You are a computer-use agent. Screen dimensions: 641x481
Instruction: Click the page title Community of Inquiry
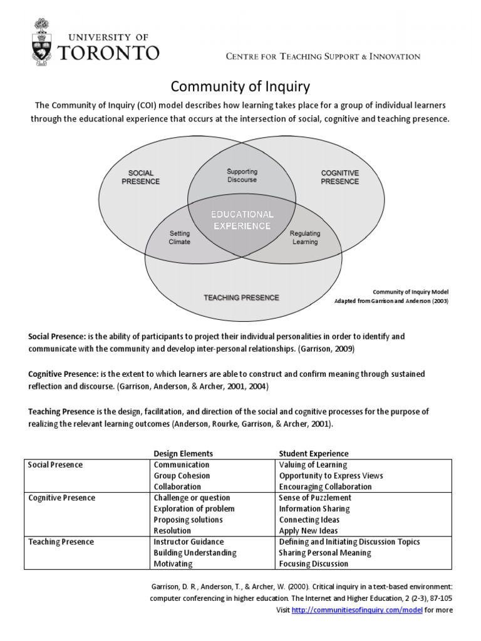click(x=240, y=86)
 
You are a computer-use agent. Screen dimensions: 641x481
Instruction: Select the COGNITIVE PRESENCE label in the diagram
click(x=340, y=177)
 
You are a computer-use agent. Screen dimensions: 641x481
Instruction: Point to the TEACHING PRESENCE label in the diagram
click(x=241, y=297)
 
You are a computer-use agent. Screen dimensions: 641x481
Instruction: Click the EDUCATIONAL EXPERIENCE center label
click(x=241, y=220)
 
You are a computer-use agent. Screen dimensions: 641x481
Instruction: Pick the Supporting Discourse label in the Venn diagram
click(x=242, y=175)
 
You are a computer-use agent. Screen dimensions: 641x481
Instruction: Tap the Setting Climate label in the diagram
click(x=180, y=238)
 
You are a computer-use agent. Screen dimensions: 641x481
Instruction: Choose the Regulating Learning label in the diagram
click(x=305, y=238)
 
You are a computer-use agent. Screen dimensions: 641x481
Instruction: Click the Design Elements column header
click(x=184, y=453)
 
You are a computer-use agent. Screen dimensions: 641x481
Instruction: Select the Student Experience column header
click(x=314, y=453)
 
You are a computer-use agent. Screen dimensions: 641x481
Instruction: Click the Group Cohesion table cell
click(x=182, y=476)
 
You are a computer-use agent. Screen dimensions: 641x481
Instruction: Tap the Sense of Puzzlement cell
click(x=315, y=498)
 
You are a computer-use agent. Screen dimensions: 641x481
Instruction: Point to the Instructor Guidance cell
click(x=189, y=541)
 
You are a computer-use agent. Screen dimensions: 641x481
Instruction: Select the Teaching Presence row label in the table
click(x=61, y=541)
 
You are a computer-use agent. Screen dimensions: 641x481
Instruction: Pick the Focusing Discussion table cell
click(x=314, y=563)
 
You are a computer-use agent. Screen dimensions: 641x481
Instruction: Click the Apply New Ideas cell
click(x=308, y=531)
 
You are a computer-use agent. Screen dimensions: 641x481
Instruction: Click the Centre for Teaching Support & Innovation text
click(x=323, y=56)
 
